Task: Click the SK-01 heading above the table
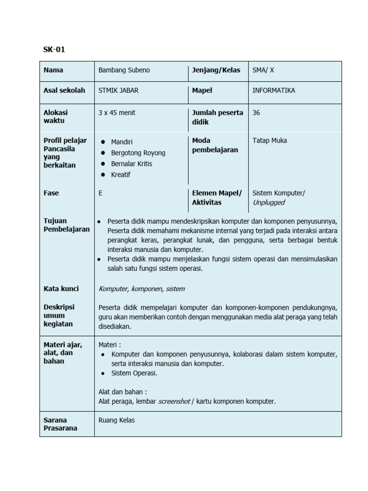pos(54,49)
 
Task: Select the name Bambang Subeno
pos(124,70)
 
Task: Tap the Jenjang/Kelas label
pos(216,70)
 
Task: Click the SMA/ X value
pos(264,70)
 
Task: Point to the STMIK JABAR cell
pos(119,90)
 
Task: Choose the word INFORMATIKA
pos(274,90)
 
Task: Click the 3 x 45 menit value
pos(117,113)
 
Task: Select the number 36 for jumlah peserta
pos(256,113)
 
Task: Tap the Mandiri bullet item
pos(122,142)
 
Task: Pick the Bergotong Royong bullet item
pos(138,153)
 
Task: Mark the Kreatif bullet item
pos(121,175)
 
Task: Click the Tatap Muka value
pos(270,140)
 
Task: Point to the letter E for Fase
pos(101,193)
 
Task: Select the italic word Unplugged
pos(268,202)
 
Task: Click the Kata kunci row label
pos(61,289)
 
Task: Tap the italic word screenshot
pos(174,401)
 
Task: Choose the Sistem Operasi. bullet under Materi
pos(134,373)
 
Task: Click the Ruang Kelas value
pos(116,420)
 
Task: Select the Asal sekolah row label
pos(64,90)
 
